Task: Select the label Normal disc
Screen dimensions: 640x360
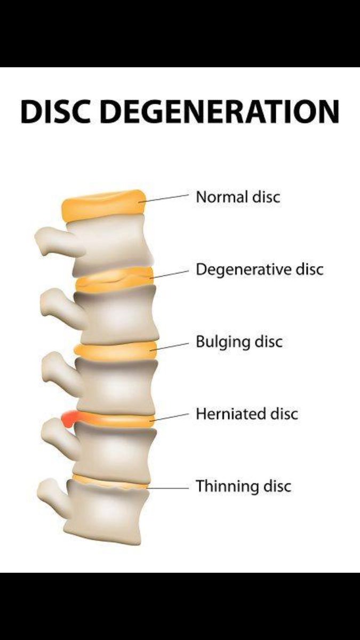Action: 238,197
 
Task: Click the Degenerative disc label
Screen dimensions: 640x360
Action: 259,269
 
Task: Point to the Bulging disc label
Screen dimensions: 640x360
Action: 238,342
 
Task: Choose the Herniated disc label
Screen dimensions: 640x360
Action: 246,414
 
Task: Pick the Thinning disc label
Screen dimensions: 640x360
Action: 243,486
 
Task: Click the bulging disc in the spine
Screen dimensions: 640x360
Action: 115,350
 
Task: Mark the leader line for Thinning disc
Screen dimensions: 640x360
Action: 168,487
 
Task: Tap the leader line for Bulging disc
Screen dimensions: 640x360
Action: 171,345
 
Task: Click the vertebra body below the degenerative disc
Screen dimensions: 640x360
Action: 117,315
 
